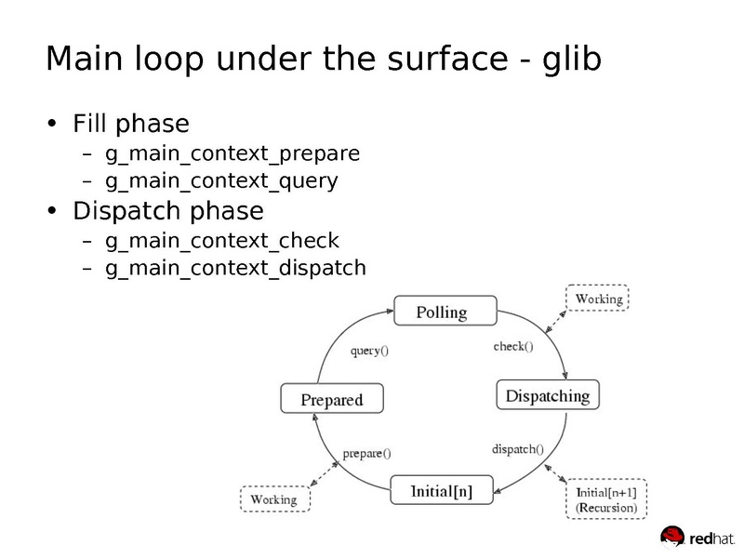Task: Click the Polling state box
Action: (442, 311)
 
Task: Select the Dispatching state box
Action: (548, 395)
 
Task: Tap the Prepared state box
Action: (331, 400)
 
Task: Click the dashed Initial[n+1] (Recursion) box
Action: (606, 499)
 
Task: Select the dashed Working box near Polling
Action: (598, 299)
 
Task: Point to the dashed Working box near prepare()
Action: (273, 499)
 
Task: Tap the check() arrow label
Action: (512, 347)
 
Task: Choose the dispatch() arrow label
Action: (517, 449)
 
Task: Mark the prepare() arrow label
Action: (366, 453)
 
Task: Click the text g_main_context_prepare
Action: (232, 153)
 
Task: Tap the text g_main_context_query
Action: (221, 180)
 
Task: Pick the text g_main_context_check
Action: (222, 240)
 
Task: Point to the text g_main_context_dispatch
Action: (236, 268)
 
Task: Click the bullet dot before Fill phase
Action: (52, 125)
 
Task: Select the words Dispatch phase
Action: (168, 210)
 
